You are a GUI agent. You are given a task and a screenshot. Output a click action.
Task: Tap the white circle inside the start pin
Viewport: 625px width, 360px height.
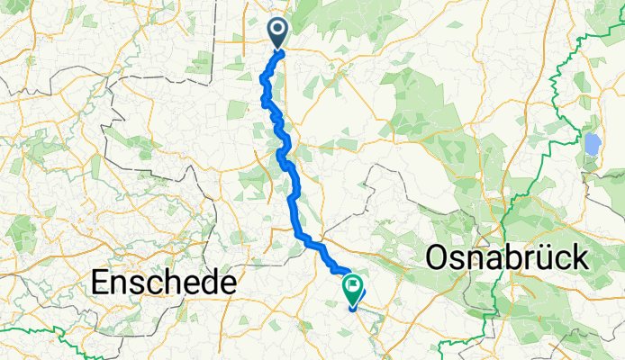[276, 30]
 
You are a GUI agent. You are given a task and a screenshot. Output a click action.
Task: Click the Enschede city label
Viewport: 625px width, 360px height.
[165, 283]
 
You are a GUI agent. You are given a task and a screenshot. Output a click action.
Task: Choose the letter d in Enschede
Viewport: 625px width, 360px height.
[207, 283]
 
